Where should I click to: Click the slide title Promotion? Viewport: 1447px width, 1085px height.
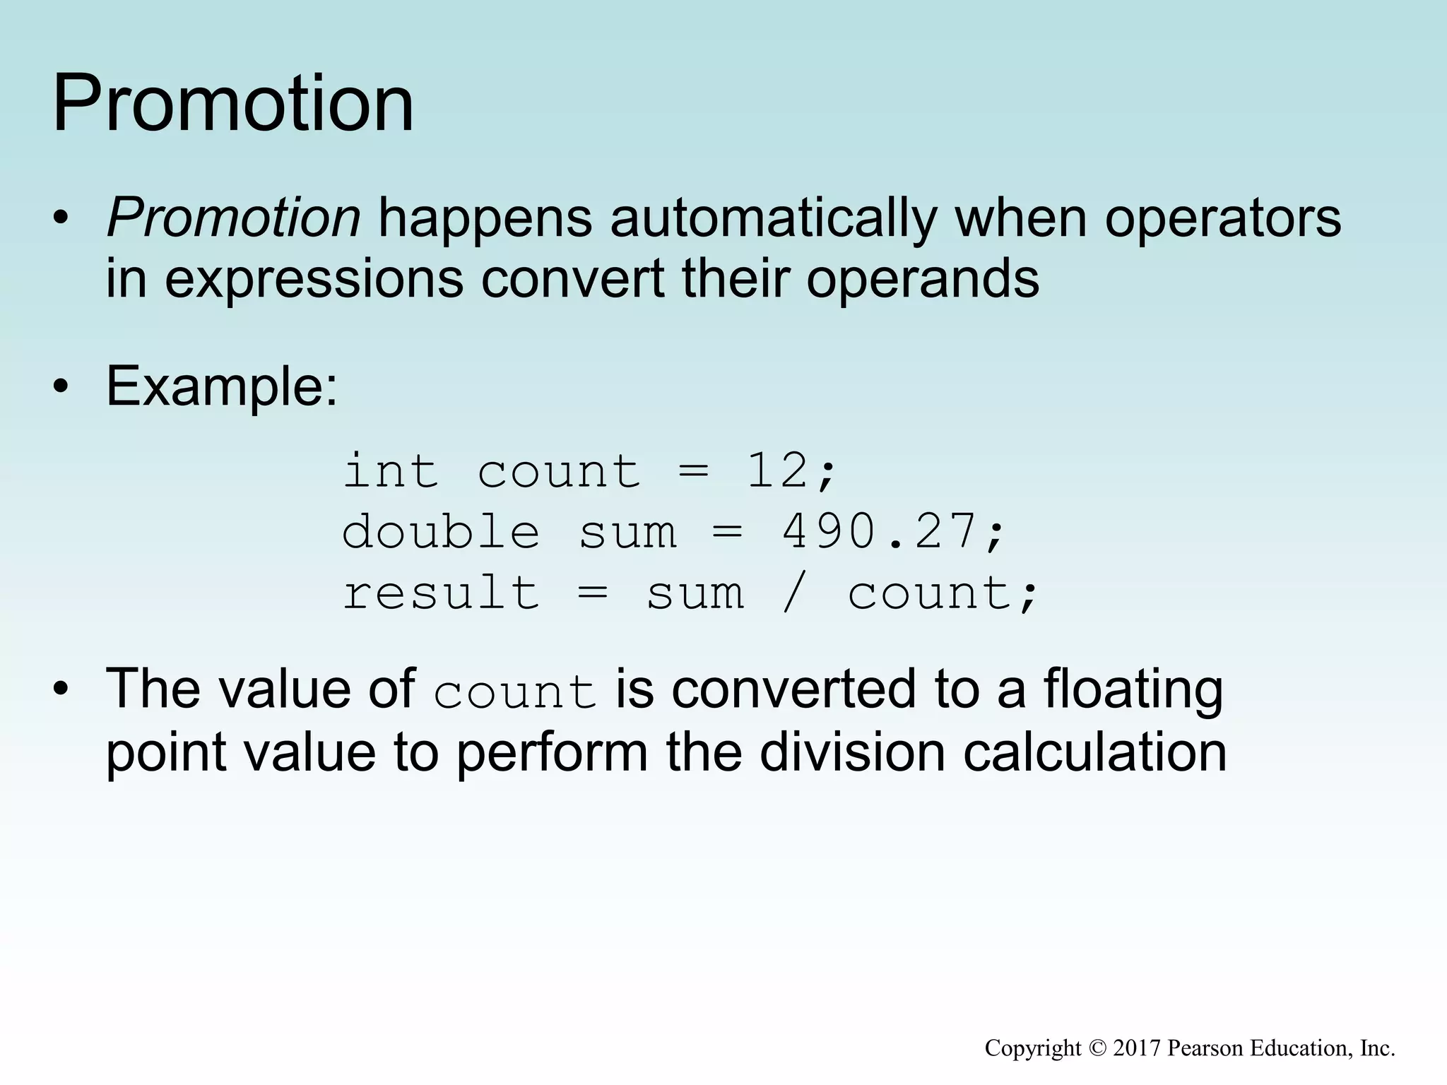tap(233, 104)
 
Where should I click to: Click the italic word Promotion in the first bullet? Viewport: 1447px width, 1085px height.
tap(234, 218)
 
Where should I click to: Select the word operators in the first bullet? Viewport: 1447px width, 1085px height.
tap(1222, 218)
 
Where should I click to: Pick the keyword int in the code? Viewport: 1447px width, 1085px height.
tap(391, 471)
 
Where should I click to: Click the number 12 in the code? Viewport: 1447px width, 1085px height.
tap(777, 471)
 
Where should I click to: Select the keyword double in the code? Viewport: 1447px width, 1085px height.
tap(441, 532)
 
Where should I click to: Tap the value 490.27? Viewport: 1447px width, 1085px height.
tap(879, 532)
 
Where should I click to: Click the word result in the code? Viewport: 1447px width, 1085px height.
tap(441, 593)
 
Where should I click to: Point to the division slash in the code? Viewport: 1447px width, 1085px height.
tap(794, 593)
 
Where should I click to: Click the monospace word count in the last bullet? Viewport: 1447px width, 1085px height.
tap(515, 692)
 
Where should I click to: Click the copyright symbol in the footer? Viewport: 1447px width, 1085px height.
tap(1097, 1048)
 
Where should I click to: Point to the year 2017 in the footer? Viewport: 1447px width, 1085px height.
tap(1137, 1048)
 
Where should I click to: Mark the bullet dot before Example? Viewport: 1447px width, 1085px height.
tap(61, 388)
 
